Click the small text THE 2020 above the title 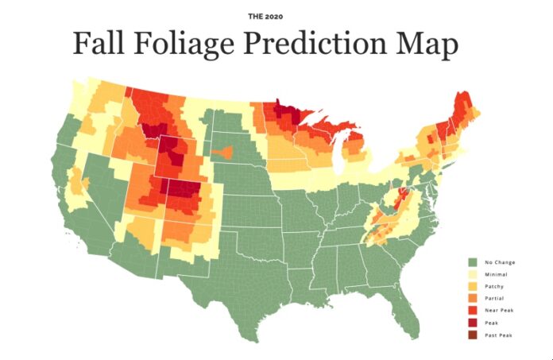(276, 14)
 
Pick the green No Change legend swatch (471, 261)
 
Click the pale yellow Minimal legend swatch (471, 273)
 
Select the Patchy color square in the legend (471, 286)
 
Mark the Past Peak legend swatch (471, 335)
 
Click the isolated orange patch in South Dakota (222, 150)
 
